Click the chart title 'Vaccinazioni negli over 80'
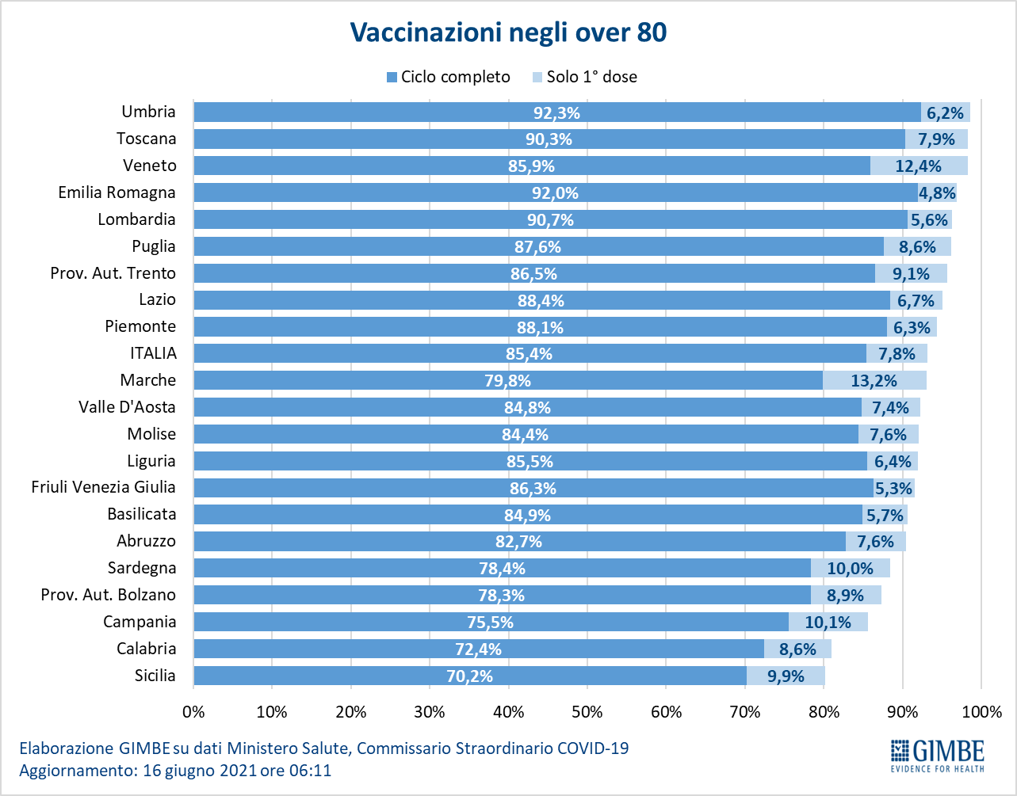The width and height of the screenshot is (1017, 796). coord(508,32)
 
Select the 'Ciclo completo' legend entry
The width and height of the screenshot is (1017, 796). coord(449,77)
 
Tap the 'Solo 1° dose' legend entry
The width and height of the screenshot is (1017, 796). coord(584,77)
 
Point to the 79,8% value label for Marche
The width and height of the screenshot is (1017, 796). coord(507,381)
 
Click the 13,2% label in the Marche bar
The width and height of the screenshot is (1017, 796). coord(874,381)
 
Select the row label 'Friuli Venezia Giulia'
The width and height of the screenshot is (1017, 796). coord(103,487)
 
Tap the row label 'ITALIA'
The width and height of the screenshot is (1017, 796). coord(153,353)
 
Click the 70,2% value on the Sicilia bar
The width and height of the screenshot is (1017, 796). coord(469,676)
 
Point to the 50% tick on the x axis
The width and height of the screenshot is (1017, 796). coord(587,711)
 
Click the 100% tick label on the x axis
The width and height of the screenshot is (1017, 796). coord(981,711)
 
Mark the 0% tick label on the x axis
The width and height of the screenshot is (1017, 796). coord(194,711)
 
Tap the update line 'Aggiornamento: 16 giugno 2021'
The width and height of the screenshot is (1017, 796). coord(175,770)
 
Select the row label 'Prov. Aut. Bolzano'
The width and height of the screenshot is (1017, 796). coord(109,595)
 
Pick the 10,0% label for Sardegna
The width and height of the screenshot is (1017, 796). coord(850,569)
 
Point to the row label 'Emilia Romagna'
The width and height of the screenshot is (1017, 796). coord(117,192)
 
